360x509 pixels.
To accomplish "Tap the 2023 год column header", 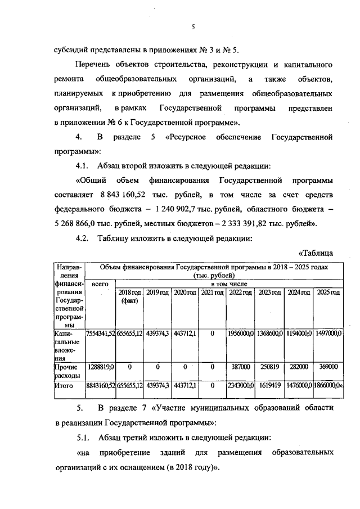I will [270, 292].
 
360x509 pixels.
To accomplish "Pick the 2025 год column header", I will [328, 292].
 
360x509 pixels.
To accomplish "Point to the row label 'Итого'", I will [64, 386].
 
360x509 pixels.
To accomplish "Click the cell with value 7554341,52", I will [100, 334].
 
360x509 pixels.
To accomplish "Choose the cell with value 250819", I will [270, 366].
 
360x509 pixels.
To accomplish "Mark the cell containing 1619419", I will [270, 386].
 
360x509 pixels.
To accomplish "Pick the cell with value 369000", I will [328, 366].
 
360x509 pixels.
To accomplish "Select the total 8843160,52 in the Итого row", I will [100, 386].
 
